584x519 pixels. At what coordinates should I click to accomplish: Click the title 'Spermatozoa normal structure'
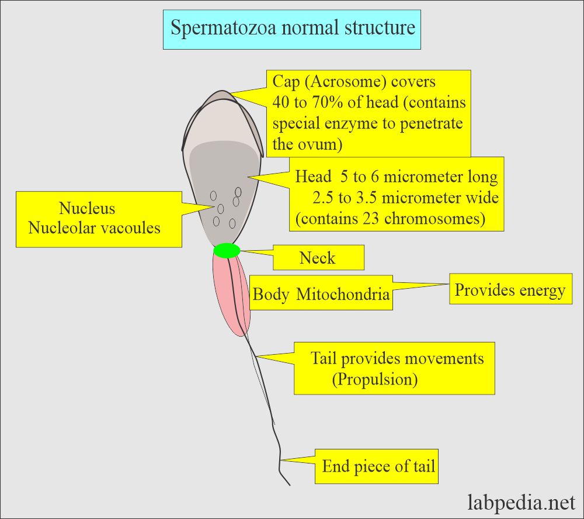(x=293, y=27)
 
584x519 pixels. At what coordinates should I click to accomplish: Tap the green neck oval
(x=227, y=251)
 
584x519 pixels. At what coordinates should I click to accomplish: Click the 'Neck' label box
(x=318, y=258)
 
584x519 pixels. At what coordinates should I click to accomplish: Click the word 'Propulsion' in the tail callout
(x=375, y=380)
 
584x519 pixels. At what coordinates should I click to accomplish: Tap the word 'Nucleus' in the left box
(x=87, y=208)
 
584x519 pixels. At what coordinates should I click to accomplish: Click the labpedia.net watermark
(x=522, y=501)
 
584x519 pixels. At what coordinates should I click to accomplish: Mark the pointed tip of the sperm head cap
(x=221, y=91)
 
